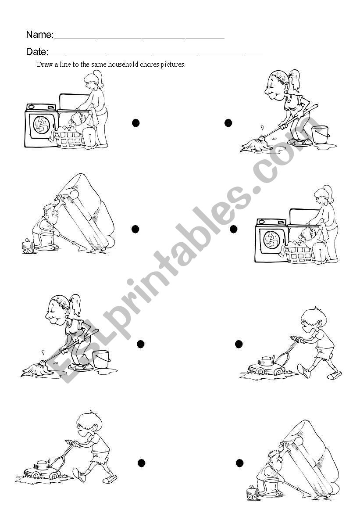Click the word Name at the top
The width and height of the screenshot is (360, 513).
(39, 35)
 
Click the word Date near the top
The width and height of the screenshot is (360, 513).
(36, 52)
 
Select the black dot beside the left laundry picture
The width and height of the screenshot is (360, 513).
(136, 123)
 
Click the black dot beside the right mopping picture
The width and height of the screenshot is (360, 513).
(228, 123)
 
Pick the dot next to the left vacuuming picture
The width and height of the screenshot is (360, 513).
(135, 229)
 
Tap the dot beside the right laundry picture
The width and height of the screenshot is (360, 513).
(233, 229)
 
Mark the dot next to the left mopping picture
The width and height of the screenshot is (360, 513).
(140, 344)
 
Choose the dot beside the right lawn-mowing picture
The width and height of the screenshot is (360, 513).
(239, 344)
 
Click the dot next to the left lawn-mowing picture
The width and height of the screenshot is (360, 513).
(141, 463)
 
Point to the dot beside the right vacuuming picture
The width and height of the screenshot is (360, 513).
(239, 463)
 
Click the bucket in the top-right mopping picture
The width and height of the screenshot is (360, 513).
(320, 134)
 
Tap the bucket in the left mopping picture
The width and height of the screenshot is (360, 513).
(101, 359)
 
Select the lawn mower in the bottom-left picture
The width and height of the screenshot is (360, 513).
(42, 470)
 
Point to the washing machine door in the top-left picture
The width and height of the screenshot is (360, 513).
(41, 125)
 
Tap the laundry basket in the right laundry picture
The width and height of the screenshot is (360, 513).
(299, 254)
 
